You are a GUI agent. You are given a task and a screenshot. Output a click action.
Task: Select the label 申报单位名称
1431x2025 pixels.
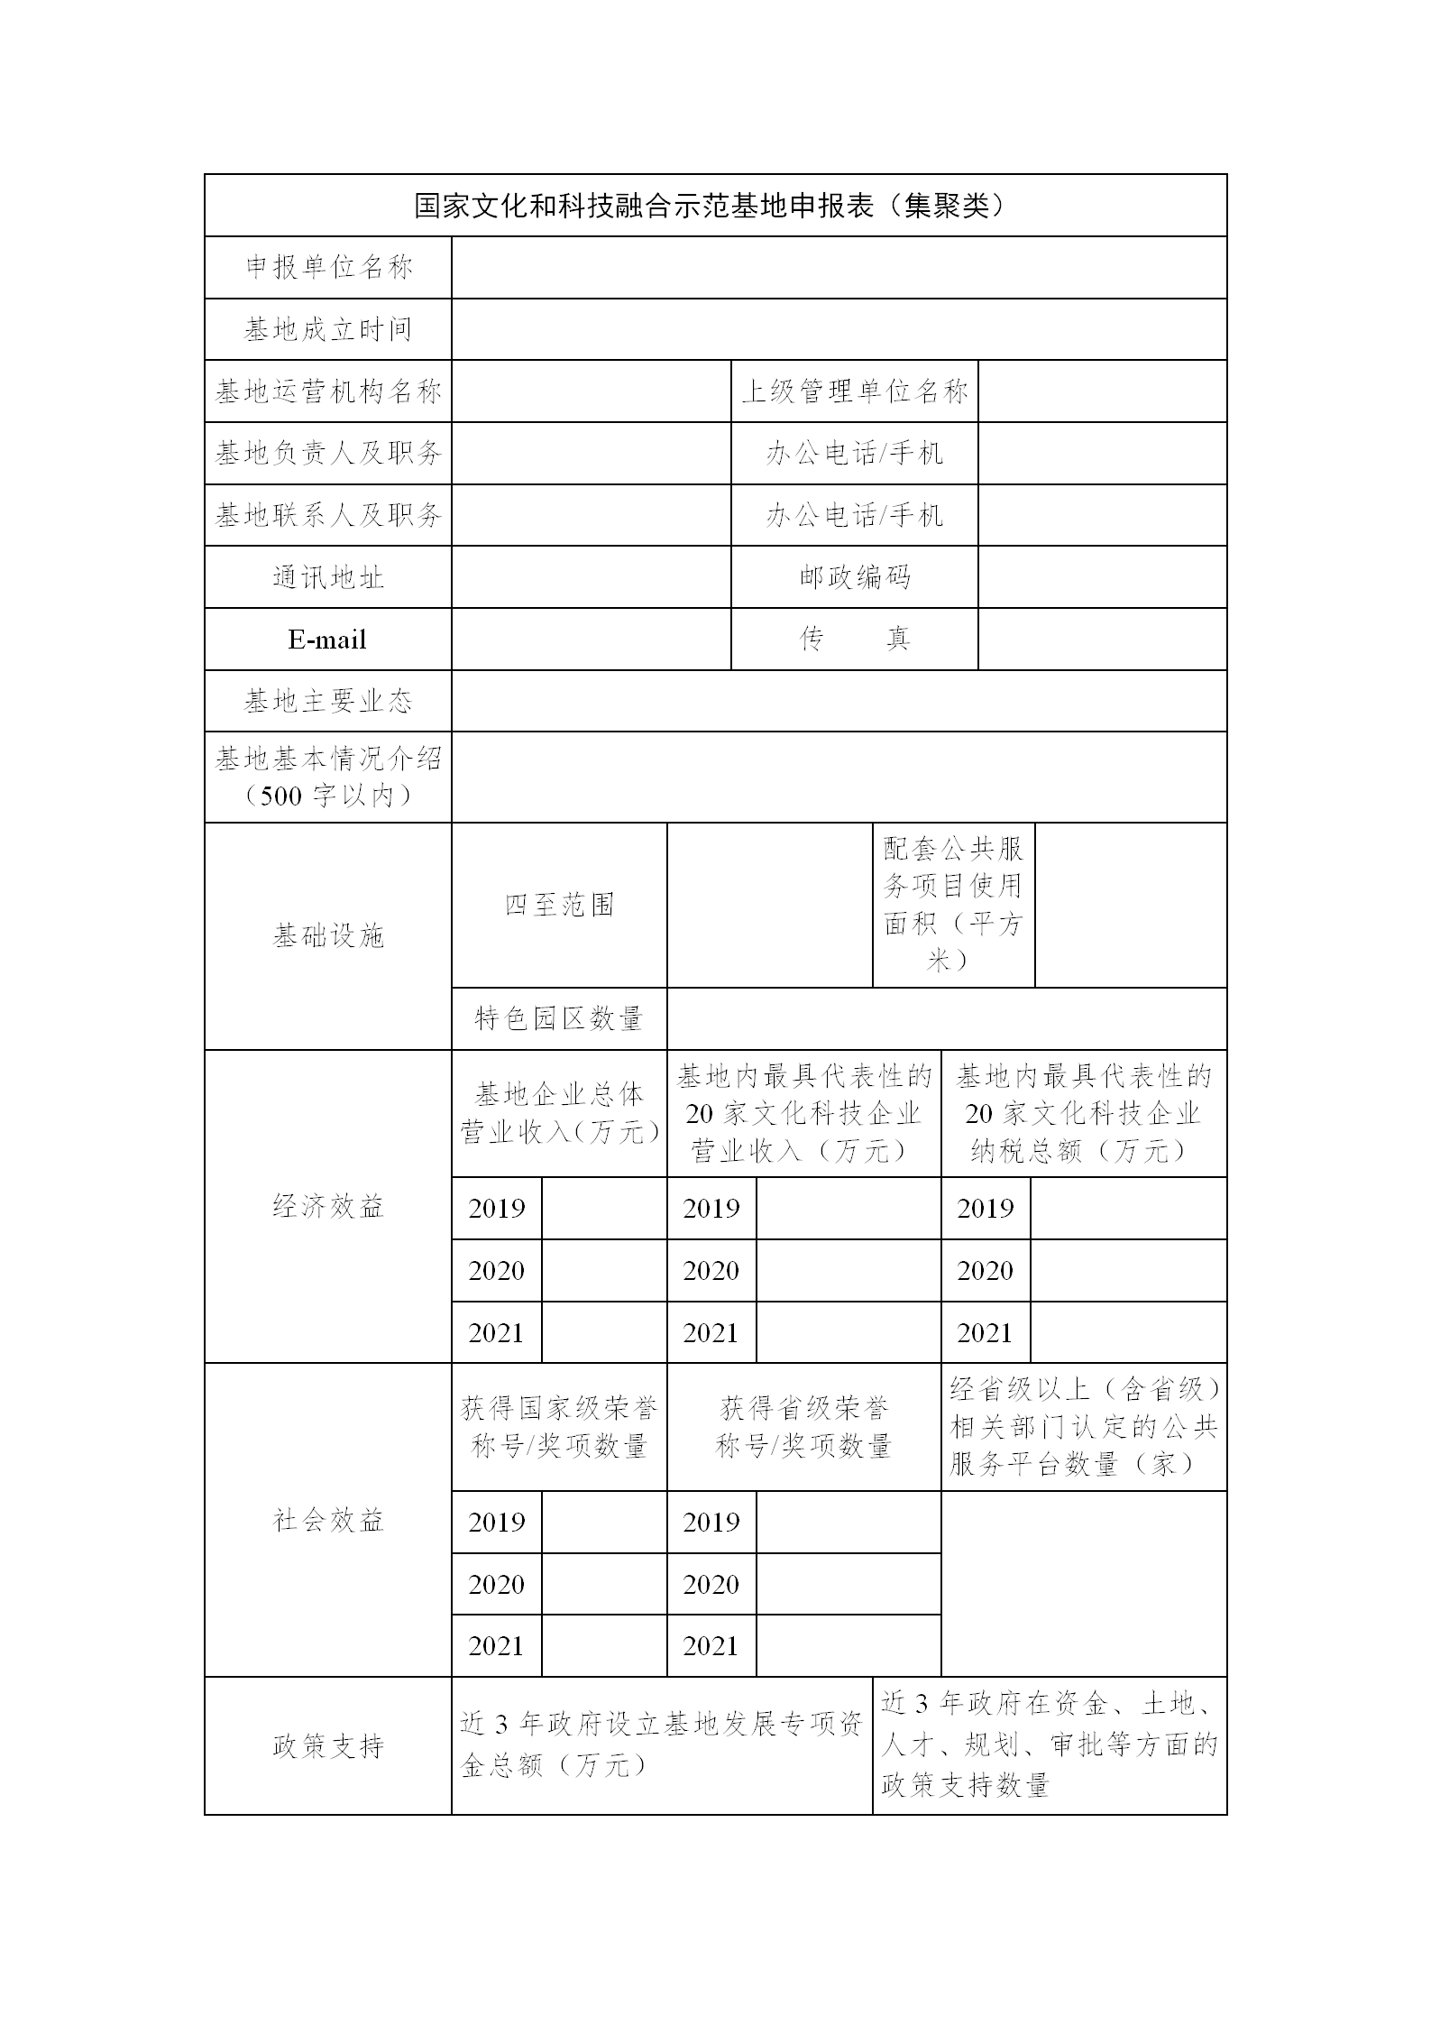click(328, 268)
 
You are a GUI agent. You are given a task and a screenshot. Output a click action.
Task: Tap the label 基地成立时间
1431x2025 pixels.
click(328, 330)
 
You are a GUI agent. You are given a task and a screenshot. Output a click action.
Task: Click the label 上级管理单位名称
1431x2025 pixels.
click(854, 391)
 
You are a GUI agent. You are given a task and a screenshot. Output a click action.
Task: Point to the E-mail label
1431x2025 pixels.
click(327, 640)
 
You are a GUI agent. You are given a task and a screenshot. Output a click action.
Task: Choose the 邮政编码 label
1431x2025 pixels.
click(854, 577)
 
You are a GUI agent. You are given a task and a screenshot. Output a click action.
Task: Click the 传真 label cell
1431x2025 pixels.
click(854, 640)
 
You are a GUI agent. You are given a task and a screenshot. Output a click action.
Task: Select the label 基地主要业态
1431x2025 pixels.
click(328, 701)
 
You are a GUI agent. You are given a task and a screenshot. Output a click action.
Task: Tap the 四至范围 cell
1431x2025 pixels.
click(559, 905)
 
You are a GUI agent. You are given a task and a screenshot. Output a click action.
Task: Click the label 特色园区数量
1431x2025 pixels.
click(559, 1019)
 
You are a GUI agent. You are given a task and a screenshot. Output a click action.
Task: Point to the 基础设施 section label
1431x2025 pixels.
click(328, 936)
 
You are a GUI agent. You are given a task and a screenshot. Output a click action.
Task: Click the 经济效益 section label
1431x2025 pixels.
click(328, 1206)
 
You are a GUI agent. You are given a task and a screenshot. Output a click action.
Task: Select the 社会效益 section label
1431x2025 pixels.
click(328, 1520)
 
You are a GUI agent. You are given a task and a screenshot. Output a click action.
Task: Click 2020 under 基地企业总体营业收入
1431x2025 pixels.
click(497, 1271)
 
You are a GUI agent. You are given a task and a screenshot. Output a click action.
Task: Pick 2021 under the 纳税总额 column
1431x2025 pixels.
click(986, 1332)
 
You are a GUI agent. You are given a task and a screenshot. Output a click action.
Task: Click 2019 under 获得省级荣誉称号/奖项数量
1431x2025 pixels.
click(711, 1522)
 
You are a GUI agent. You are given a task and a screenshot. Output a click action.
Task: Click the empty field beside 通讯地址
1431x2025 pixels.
click(591, 577)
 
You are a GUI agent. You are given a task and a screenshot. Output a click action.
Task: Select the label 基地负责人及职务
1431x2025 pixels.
click(328, 454)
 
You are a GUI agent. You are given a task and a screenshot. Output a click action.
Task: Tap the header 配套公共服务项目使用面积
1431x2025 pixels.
click(953, 905)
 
